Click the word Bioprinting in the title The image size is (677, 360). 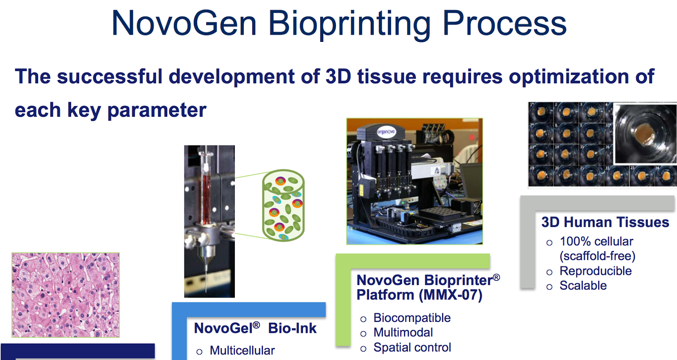pyautogui.click(x=349, y=24)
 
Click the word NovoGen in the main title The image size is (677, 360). pyautogui.click(x=184, y=24)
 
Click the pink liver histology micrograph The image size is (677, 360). pyautogui.click(x=66, y=295)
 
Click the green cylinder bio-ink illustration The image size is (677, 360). pyautogui.click(x=283, y=205)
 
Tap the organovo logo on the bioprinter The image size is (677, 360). pyautogui.click(x=386, y=132)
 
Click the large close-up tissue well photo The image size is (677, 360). pyautogui.click(x=645, y=134)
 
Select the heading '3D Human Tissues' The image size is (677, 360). pyautogui.click(x=605, y=222)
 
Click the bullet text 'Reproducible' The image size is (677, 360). pyautogui.click(x=595, y=271)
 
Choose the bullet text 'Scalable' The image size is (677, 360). pyautogui.click(x=583, y=286)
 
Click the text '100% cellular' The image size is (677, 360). pyautogui.click(x=596, y=242)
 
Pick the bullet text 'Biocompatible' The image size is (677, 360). pyautogui.click(x=412, y=318)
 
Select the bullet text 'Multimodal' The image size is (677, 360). pyautogui.click(x=403, y=333)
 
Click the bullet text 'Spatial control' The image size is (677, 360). pyautogui.click(x=412, y=348)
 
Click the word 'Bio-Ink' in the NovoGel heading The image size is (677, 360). pyautogui.click(x=292, y=328)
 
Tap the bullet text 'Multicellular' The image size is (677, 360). pyautogui.click(x=242, y=351)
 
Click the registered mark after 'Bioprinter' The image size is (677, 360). pyautogui.click(x=496, y=278)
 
